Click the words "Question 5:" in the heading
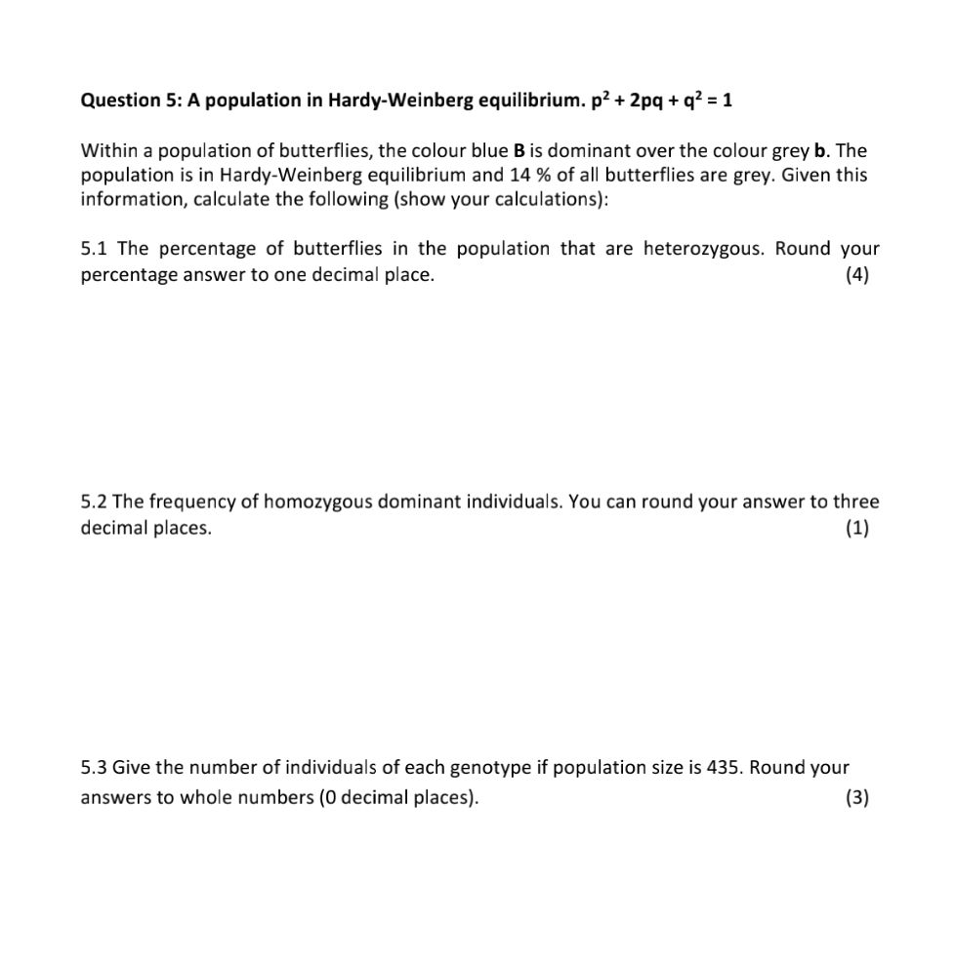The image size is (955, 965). tap(124, 101)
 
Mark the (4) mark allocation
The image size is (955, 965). tap(856, 275)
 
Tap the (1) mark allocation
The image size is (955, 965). tap(856, 529)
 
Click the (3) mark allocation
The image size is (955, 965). tap(856, 798)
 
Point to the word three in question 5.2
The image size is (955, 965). tap(856, 503)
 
